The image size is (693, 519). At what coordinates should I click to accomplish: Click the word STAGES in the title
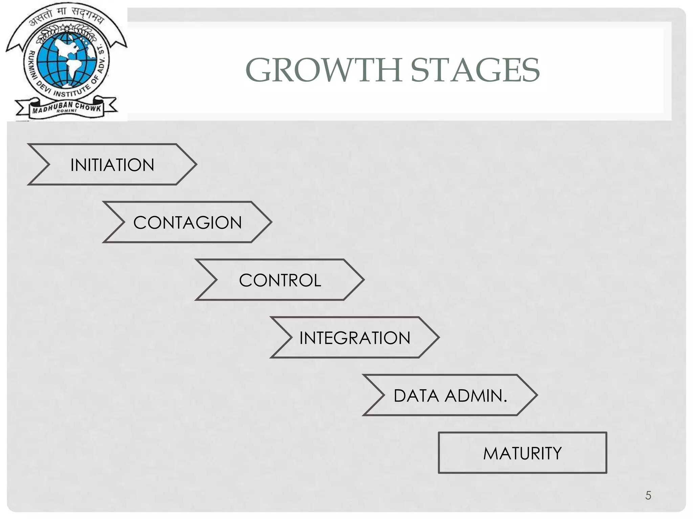(x=475, y=70)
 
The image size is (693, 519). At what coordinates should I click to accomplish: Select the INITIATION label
(x=112, y=165)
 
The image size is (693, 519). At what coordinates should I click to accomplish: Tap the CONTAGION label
(x=187, y=223)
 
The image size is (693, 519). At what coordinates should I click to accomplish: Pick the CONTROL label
(x=280, y=280)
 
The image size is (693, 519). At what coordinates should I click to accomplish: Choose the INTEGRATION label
(x=355, y=338)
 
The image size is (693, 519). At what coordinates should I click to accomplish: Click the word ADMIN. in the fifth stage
(x=476, y=396)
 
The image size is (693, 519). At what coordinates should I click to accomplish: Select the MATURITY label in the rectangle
(x=522, y=453)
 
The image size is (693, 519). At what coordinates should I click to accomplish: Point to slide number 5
(x=648, y=495)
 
